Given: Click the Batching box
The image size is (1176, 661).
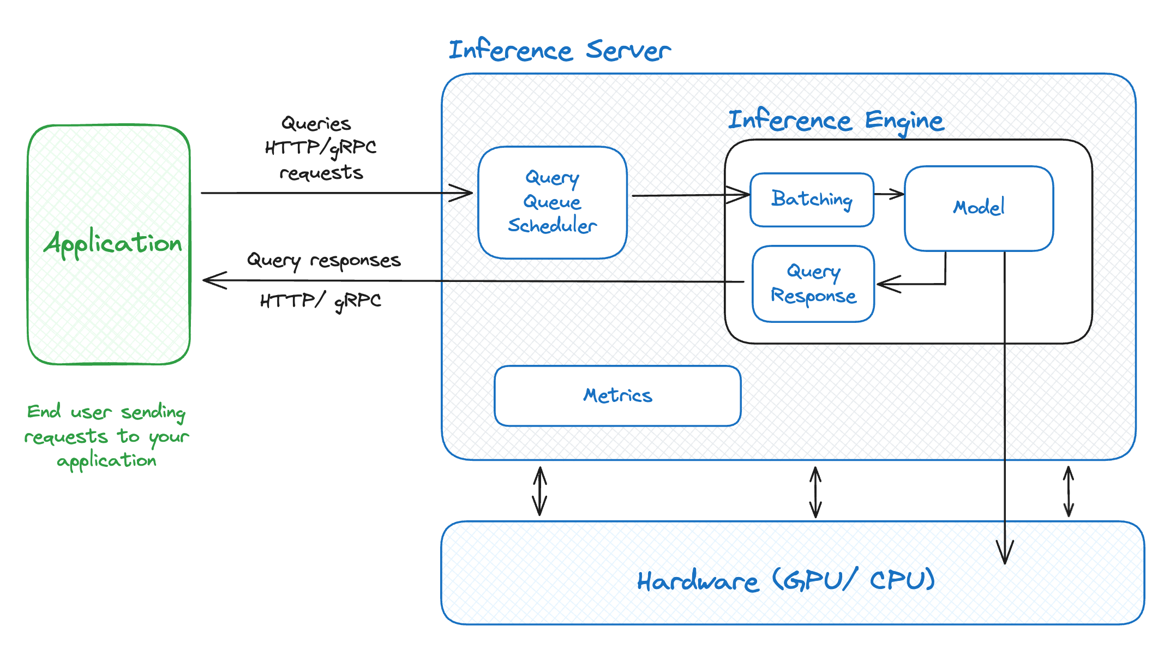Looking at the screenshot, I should click(x=812, y=200).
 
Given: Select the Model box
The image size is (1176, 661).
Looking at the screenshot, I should click(x=979, y=208).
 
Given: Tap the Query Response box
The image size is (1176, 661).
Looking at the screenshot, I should click(x=813, y=284).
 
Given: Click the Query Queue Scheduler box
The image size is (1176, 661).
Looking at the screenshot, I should click(x=552, y=202).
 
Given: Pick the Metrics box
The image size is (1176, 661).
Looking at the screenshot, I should click(x=617, y=395).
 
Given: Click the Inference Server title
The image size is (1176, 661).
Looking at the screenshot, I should click(x=559, y=51).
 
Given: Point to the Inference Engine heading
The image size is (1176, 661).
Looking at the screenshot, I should click(x=836, y=121).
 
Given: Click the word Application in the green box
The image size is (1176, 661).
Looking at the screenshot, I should click(x=113, y=243).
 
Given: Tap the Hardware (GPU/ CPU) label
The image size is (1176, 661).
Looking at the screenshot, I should click(x=786, y=580).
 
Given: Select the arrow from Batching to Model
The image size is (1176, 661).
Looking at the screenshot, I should click(x=889, y=194).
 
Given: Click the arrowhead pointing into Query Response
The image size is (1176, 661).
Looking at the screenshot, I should click(x=886, y=284).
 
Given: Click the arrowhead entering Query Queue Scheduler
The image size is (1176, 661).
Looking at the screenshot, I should click(x=464, y=193).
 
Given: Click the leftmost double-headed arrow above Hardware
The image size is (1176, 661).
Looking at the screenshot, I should click(x=539, y=491).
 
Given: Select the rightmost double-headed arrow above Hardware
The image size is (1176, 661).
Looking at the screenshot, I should click(x=1069, y=491).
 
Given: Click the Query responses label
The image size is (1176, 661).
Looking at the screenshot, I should click(x=324, y=260).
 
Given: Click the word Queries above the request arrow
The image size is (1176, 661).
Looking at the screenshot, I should click(x=316, y=124).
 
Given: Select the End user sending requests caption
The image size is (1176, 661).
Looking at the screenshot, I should click(x=107, y=436).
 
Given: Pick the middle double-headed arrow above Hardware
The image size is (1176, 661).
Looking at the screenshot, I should click(x=815, y=492).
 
